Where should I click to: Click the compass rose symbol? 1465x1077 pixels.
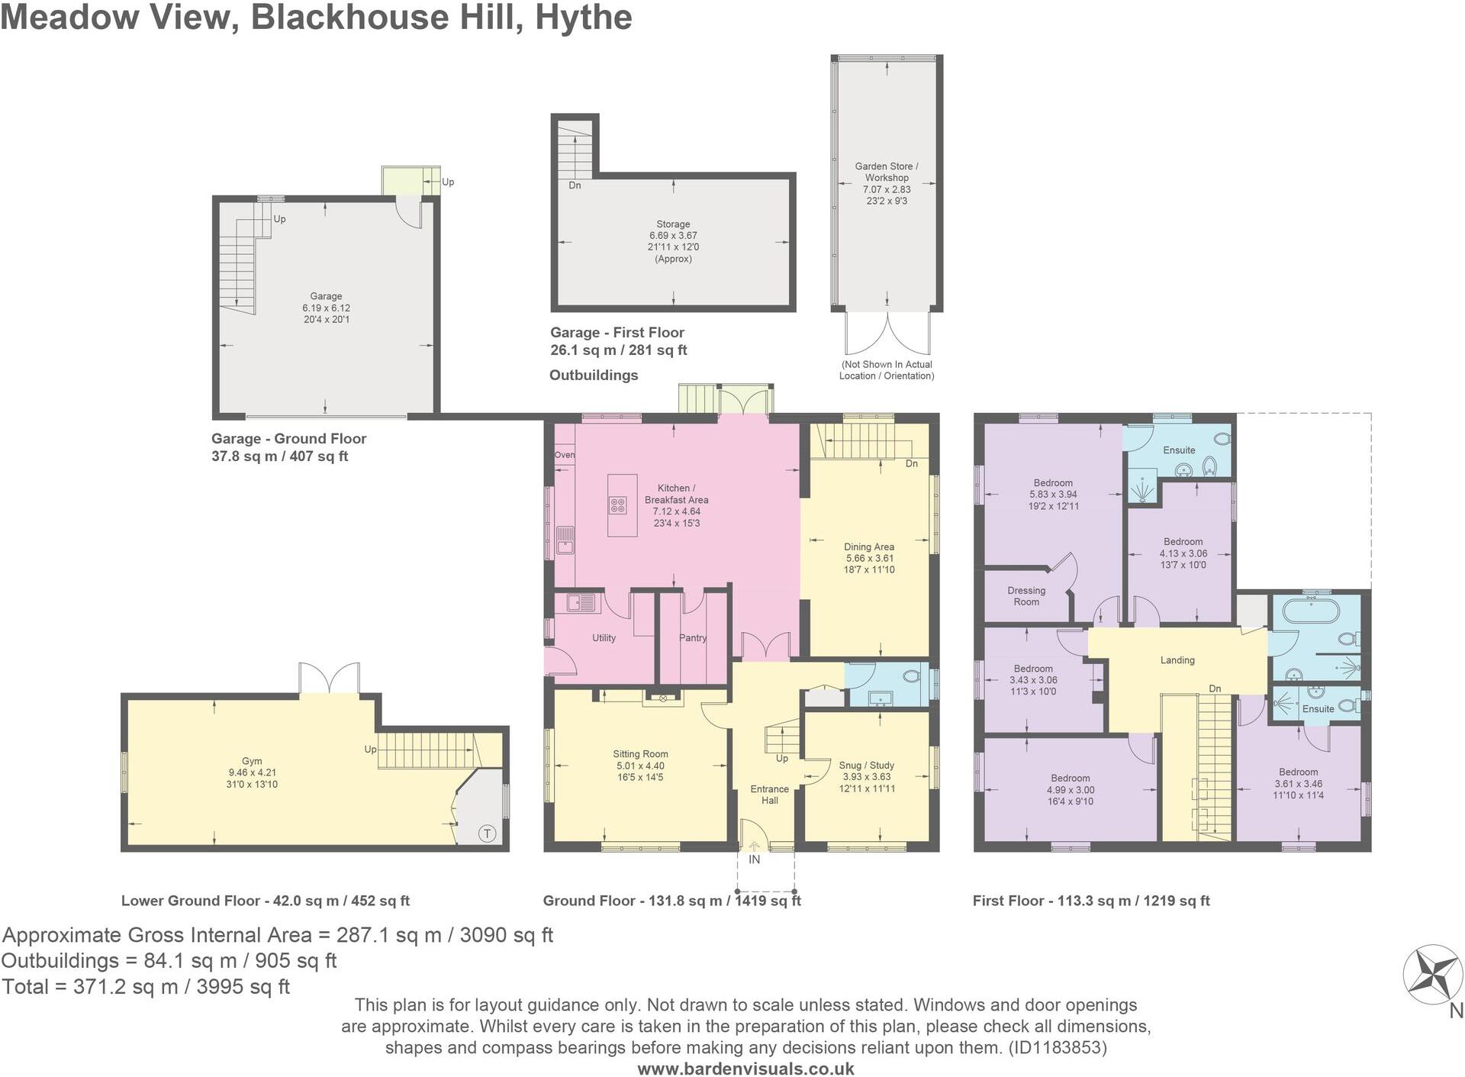(x=1432, y=975)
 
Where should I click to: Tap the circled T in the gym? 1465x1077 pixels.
(x=488, y=834)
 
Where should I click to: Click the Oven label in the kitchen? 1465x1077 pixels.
(x=565, y=455)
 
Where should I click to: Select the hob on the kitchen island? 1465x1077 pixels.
(x=617, y=505)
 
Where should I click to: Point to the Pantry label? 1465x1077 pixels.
(x=693, y=638)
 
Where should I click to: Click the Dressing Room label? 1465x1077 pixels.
(x=1026, y=596)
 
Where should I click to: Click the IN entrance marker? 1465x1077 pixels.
(x=754, y=859)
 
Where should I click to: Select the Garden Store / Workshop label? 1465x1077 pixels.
(x=887, y=172)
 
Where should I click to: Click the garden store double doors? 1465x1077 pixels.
(x=887, y=334)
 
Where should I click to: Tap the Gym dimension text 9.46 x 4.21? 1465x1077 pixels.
(x=252, y=772)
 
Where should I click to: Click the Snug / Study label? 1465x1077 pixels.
(x=866, y=765)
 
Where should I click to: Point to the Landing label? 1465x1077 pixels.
(x=1177, y=660)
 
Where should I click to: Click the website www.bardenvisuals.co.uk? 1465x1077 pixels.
(x=745, y=1069)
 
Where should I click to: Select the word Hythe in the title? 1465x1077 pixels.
(x=584, y=17)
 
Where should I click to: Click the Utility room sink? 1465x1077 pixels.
(x=582, y=604)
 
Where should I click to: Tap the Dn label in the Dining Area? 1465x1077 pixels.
(x=911, y=463)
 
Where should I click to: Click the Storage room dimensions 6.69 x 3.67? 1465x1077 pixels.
(x=673, y=236)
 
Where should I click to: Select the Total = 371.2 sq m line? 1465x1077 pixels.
(x=146, y=987)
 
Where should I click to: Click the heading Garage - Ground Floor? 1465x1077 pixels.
(x=288, y=439)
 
